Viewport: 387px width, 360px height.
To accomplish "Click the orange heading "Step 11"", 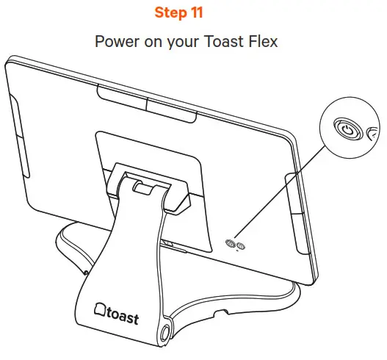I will pyautogui.click(x=192, y=13).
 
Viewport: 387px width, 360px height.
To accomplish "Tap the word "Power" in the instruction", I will pyautogui.click(x=115, y=41).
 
